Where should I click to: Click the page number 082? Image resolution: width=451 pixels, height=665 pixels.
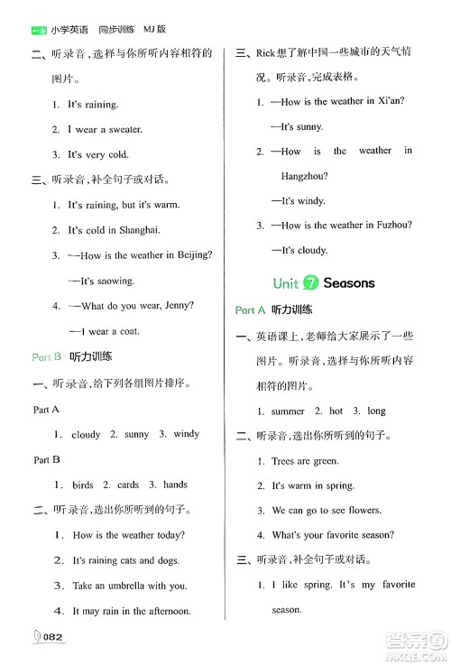(50, 636)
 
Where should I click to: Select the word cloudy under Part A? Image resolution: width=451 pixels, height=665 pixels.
(86, 434)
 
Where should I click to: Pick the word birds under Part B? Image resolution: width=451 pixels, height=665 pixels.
(83, 485)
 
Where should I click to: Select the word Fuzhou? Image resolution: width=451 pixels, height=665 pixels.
(390, 226)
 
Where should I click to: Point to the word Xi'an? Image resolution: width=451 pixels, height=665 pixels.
(388, 101)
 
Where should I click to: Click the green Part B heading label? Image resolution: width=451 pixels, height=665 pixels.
(46, 357)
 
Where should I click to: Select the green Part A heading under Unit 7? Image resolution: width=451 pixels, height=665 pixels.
(251, 309)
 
